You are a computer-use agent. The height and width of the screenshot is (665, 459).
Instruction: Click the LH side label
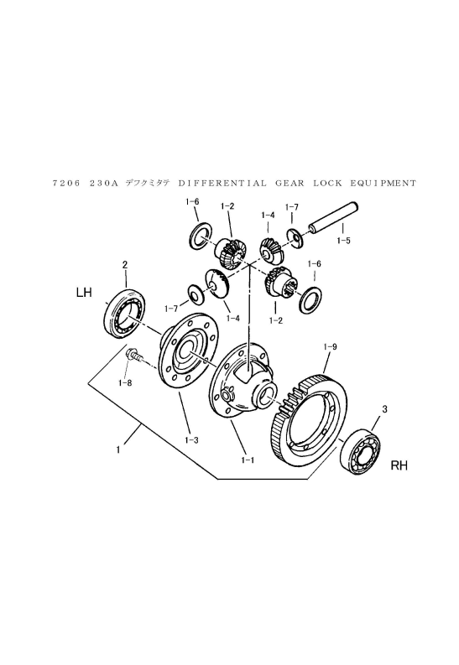[x=83, y=293]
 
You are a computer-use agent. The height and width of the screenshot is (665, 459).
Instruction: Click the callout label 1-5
[x=344, y=240]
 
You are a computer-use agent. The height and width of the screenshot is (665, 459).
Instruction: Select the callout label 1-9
[x=330, y=346]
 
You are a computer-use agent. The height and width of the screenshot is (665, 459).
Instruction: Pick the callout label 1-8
[x=125, y=382]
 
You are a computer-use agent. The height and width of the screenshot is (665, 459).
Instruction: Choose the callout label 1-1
[x=248, y=460]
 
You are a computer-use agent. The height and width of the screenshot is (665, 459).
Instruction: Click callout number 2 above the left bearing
[x=125, y=265]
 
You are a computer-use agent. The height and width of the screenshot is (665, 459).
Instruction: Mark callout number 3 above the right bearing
[x=384, y=409]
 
